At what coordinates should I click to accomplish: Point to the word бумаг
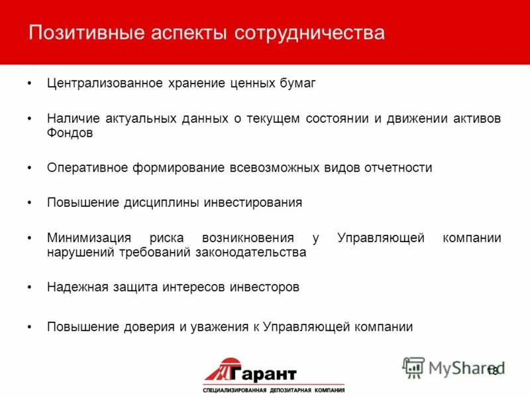[300, 84]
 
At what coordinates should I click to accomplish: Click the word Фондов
[70, 133]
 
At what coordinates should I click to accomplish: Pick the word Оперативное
[82, 168]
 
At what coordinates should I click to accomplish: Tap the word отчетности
[398, 168]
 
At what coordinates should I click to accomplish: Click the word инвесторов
[264, 287]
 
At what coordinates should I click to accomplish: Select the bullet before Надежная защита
[30, 288]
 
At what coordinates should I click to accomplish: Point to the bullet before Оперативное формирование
[30, 168]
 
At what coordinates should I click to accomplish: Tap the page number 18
[492, 371]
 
